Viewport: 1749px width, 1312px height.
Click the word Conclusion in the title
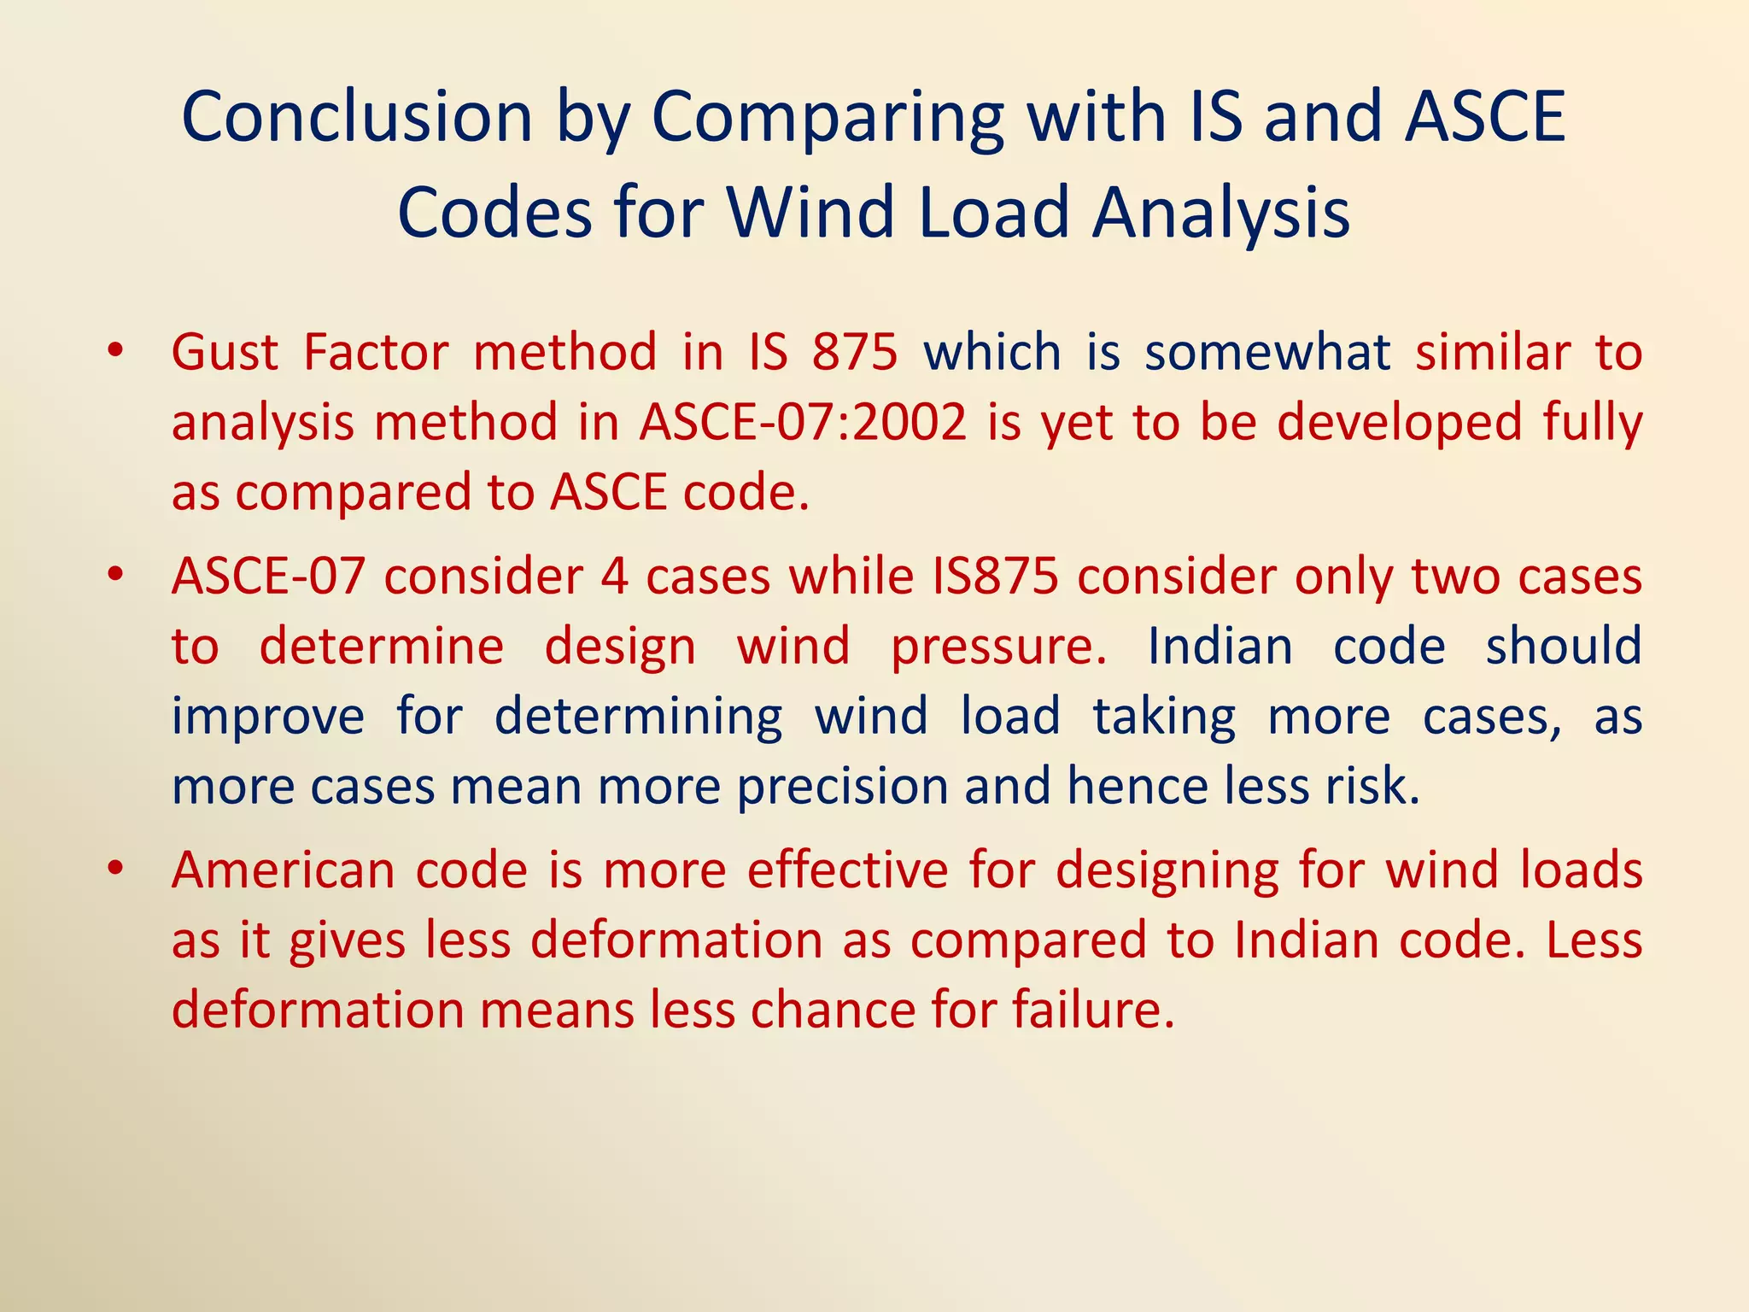click(357, 117)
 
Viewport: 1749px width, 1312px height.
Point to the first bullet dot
click(116, 351)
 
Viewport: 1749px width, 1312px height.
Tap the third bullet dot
click(116, 870)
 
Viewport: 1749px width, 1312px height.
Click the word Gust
click(225, 352)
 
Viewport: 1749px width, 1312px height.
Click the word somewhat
click(1267, 352)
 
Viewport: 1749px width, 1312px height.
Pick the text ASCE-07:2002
click(804, 422)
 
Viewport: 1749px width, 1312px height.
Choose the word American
click(283, 871)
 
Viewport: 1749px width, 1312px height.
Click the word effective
click(847, 871)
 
